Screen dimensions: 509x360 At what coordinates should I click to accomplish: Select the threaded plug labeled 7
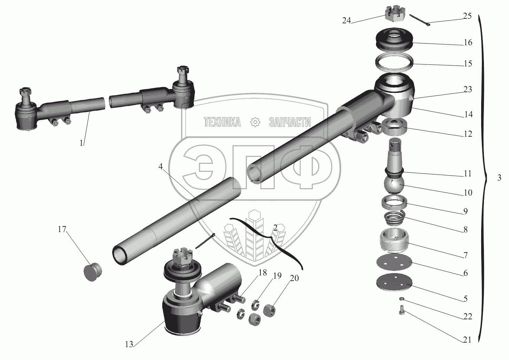(394, 241)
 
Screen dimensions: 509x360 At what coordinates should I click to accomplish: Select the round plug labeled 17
(93, 272)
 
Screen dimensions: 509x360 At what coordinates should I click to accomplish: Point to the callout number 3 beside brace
(499, 177)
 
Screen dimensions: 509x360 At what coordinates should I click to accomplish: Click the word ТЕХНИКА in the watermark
(222, 122)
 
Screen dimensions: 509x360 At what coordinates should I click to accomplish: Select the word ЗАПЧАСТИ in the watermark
(290, 122)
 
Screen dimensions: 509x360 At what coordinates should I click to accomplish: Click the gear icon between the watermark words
(255, 122)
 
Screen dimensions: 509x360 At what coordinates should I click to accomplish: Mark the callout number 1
(81, 143)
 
